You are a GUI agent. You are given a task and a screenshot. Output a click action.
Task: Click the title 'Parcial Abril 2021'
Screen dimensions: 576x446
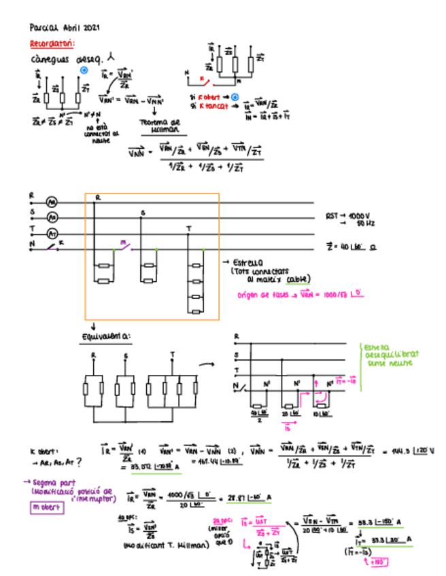(x=65, y=28)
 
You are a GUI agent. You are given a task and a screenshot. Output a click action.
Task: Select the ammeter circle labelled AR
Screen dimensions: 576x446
(x=51, y=202)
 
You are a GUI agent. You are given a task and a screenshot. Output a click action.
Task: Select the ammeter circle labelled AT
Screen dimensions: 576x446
(x=51, y=233)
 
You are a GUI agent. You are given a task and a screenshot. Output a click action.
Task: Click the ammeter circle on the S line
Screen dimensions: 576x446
(x=51, y=218)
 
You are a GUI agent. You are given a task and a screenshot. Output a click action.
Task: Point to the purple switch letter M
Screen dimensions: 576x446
(x=123, y=242)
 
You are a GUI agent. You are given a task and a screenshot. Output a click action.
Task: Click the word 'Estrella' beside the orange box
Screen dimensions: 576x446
(x=247, y=262)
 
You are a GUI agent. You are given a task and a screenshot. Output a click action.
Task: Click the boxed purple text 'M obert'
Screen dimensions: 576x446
(x=48, y=507)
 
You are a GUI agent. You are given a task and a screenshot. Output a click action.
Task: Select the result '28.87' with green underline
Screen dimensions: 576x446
(x=237, y=497)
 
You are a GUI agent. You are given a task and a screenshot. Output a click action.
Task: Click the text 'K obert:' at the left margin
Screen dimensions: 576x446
(x=41, y=450)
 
